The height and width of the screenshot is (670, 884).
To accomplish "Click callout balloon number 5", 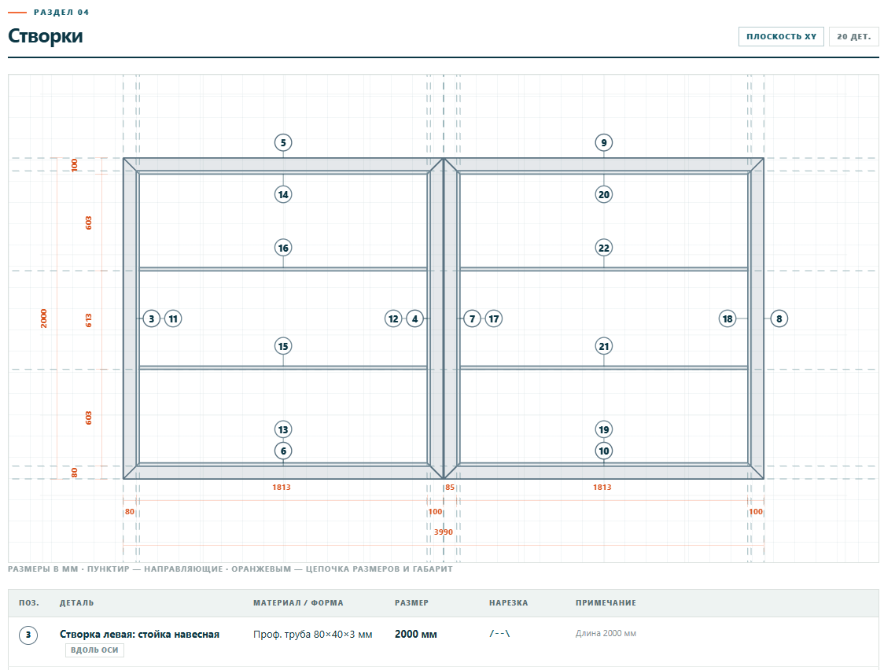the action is (283, 142).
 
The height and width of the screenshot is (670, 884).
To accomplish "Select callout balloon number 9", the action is (604, 142).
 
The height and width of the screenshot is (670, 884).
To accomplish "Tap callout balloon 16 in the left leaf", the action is (283, 248).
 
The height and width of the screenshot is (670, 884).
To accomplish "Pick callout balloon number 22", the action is (604, 248).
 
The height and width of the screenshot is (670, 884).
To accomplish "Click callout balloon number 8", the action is (779, 319).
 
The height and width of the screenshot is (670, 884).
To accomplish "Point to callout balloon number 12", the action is (393, 319).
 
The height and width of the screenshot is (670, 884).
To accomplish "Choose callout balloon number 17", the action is (494, 319).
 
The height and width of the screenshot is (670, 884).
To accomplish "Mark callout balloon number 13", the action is (283, 430).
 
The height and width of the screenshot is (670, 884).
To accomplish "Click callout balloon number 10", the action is (604, 451).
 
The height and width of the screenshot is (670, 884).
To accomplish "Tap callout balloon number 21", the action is (604, 347).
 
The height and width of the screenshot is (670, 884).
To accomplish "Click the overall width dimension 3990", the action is (443, 532).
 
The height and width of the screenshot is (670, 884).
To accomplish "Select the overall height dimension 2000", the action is (44, 318).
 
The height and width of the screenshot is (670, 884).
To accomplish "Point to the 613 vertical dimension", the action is (89, 321).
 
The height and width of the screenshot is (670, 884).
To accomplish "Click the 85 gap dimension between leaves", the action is (450, 488).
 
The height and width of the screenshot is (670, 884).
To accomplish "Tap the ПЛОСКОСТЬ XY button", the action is (782, 37).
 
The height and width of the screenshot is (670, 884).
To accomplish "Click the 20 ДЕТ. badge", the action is (853, 37).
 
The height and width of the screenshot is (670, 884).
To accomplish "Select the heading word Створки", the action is (45, 36).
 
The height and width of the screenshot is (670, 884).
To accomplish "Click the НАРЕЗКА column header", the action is (509, 603).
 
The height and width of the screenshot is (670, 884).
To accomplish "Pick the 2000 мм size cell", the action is (416, 634).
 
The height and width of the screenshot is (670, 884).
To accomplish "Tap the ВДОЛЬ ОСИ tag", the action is (94, 650).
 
